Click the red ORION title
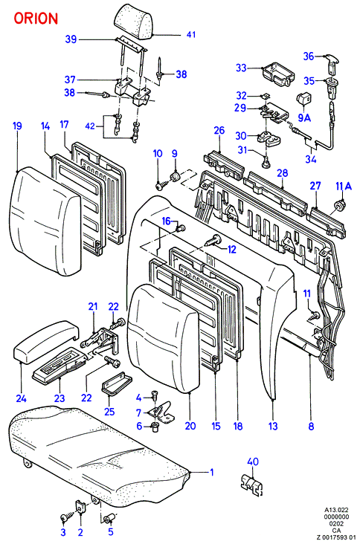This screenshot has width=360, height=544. tap(36, 19)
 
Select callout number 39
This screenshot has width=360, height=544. tap(71, 39)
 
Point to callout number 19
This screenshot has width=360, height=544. tap(17, 126)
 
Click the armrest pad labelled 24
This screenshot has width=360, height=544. tap(45, 340)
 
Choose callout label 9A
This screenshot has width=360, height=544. tap(304, 117)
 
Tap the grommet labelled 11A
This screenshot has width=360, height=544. tap(339, 205)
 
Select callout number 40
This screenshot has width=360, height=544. tap(253, 462)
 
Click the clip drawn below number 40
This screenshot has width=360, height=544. tap(252, 483)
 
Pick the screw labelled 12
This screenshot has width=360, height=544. tap(213, 241)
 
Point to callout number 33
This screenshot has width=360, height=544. tap(241, 68)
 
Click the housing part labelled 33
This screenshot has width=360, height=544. tap(278, 74)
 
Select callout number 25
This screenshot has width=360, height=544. tap(109, 412)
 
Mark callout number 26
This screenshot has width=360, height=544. tap(219, 131)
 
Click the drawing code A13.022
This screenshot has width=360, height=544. tap(336, 510)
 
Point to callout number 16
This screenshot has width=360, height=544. tap(167, 221)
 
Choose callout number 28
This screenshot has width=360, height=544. tap(283, 172)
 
